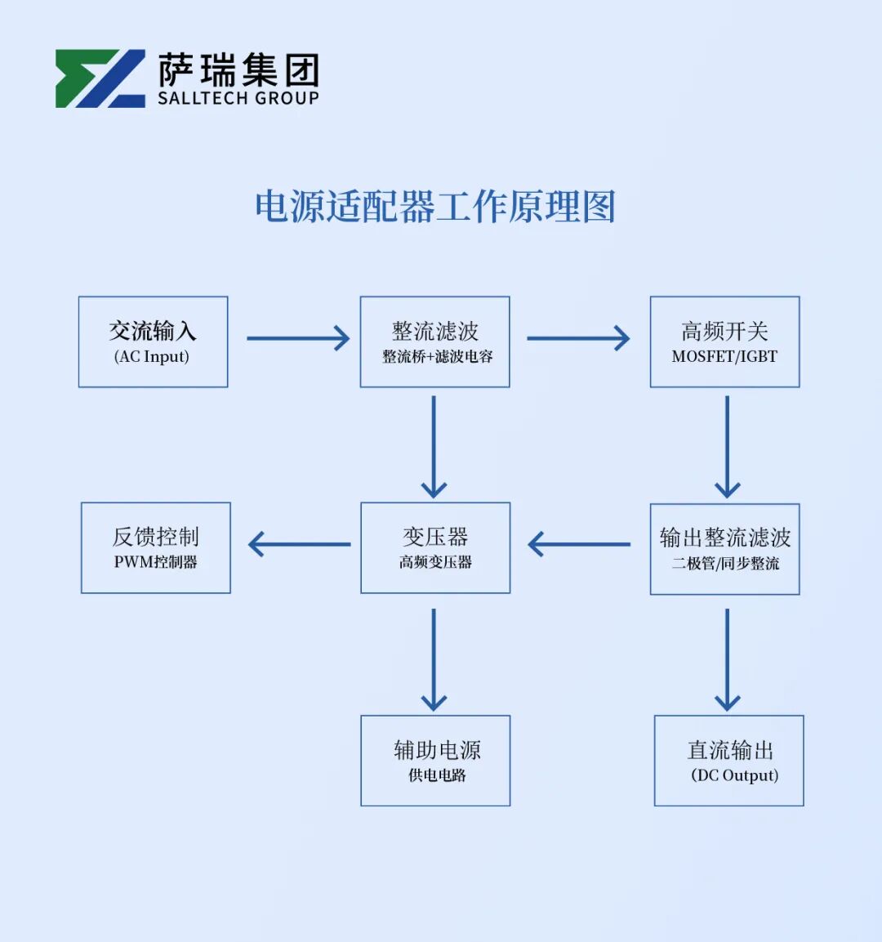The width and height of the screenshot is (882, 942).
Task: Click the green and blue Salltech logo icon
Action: [x=100, y=78]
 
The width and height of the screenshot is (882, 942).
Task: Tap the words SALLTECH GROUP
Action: [x=238, y=99]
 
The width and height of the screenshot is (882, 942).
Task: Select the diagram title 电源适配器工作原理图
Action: [x=434, y=207]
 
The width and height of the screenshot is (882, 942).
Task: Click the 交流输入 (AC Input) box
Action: [x=153, y=342]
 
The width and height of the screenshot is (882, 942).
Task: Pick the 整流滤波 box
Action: [x=434, y=342]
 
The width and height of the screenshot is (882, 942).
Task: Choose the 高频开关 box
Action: [x=724, y=342]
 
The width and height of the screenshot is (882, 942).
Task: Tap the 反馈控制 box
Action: [x=155, y=547]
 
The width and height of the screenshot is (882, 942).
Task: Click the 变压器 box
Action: [x=435, y=547]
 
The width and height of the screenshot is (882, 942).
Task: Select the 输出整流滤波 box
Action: [x=724, y=548]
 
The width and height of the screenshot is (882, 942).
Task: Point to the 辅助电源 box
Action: [x=435, y=761]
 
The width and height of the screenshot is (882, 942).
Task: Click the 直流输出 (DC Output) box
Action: [x=728, y=761]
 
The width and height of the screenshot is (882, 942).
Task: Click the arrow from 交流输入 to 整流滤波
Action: [x=297, y=338]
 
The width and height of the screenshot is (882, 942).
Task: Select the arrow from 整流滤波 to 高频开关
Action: [x=577, y=338]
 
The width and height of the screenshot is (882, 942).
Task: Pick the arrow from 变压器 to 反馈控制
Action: [x=299, y=544]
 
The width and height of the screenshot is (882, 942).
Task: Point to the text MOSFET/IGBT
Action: [x=724, y=357]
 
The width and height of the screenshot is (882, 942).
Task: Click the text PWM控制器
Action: [x=155, y=562]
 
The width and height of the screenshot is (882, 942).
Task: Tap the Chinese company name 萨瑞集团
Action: [x=238, y=71]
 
